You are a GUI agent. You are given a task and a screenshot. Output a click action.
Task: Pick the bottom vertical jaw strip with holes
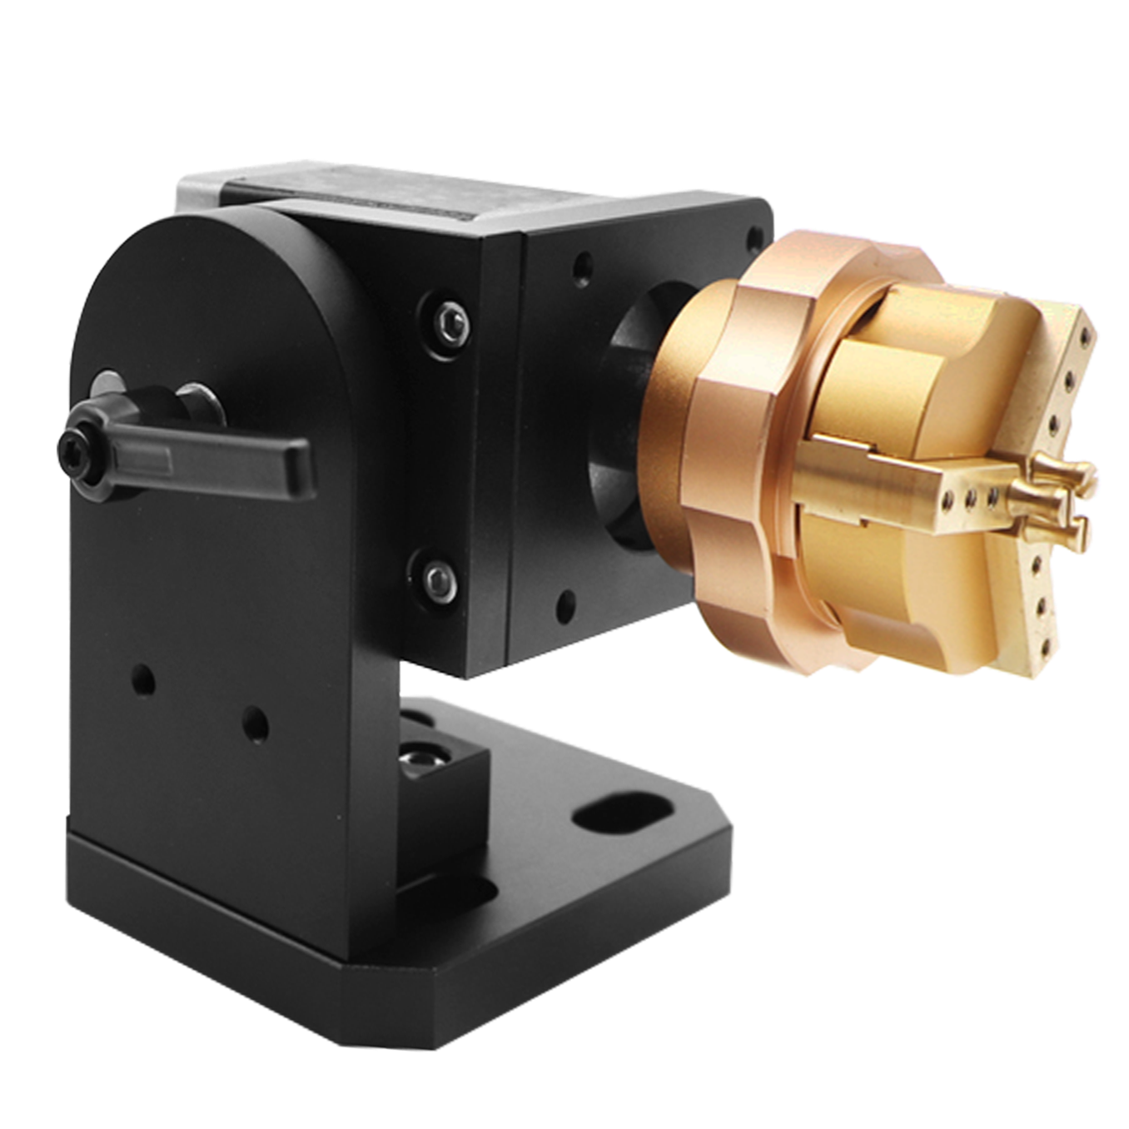pos(1037,616)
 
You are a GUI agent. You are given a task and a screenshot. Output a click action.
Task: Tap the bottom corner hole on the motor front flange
pos(567,601)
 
